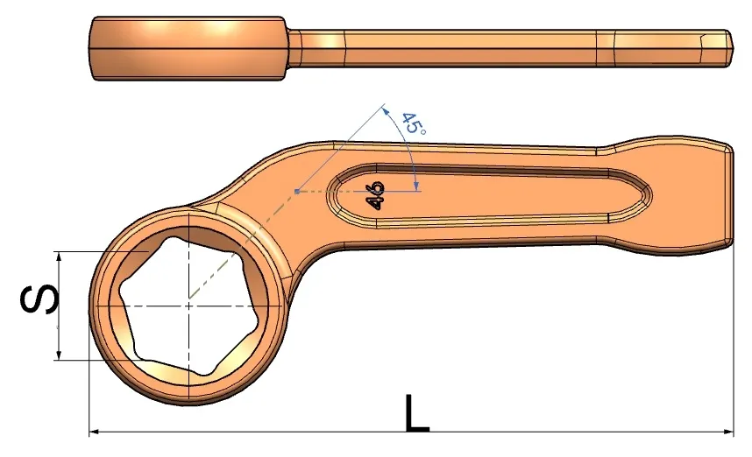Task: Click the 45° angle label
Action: (414, 123)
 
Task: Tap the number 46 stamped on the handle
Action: (374, 195)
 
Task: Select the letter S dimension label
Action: (39, 299)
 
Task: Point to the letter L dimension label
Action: (417, 412)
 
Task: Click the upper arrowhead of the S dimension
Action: (59, 257)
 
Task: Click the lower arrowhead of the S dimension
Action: (59, 355)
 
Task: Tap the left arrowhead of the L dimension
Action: (94, 432)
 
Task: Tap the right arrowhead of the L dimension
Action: (728, 432)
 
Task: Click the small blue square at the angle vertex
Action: (297, 192)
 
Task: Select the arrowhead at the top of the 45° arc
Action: (384, 111)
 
